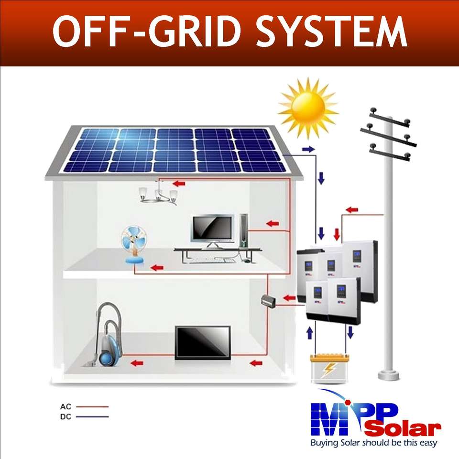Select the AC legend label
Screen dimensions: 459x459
(x=66, y=407)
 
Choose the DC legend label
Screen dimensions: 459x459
(x=66, y=416)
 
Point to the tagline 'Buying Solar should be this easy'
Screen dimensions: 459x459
(x=373, y=443)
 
